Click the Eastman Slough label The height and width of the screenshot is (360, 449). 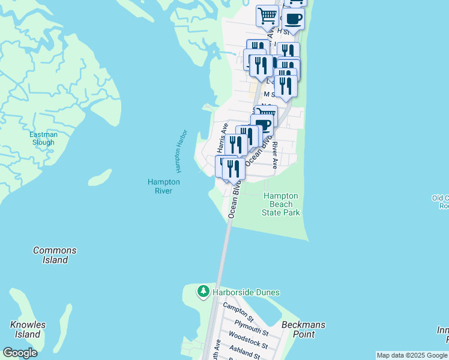[43, 139]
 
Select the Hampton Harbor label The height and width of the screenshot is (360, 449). [182, 148]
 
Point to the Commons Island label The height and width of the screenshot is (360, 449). [55, 255]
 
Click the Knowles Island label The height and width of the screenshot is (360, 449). [28, 329]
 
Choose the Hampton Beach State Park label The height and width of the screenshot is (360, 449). [281, 204]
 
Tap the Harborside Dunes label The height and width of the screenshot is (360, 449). [245, 292]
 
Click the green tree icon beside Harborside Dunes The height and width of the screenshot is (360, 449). [203, 292]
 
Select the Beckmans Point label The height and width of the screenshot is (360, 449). [303, 329]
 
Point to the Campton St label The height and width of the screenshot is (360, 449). [238, 313]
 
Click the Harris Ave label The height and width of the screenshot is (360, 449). [223, 137]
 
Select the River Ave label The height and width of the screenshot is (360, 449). [274, 154]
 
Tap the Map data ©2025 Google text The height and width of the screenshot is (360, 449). [412, 355]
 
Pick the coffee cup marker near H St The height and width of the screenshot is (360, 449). [293, 18]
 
